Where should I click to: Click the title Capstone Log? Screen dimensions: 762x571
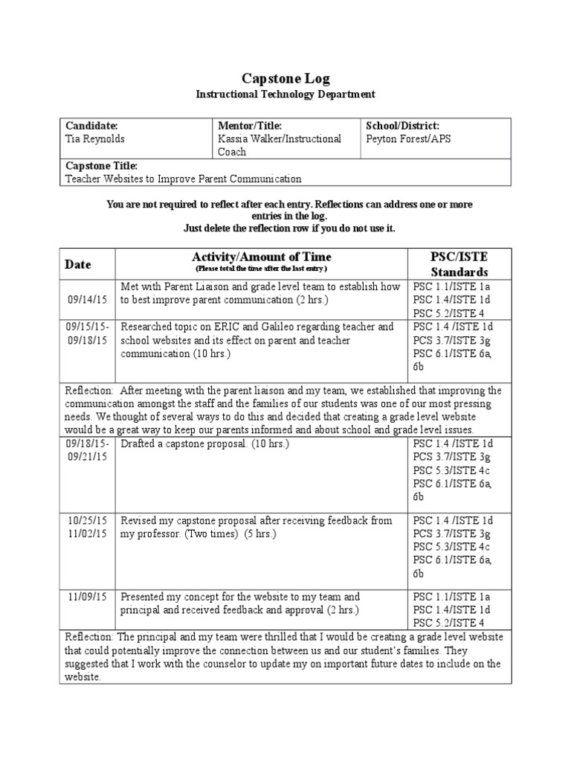click(x=285, y=78)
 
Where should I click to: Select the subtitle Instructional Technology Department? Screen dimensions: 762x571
click(x=285, y=95)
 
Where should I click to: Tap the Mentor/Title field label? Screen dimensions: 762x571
click(x=249, y=125)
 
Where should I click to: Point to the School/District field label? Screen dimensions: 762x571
click(x=403, y=125)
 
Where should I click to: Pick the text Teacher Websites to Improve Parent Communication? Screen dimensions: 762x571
click(x=184, y=179)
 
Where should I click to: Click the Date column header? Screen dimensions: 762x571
click(x=77, y=264)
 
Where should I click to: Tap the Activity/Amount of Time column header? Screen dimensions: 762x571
click(x=261, y=257)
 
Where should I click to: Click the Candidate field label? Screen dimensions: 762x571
click(x=92, y=125)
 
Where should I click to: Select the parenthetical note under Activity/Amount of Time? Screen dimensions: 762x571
click(x=261, y=268)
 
